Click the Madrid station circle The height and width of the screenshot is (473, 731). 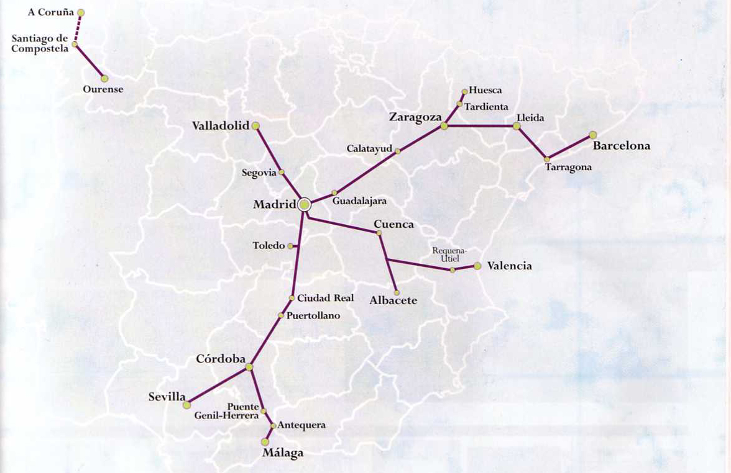[x=305, y=205]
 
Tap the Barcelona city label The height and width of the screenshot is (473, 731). [x=621, y=146]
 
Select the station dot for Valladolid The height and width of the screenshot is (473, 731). [x=255, y=125]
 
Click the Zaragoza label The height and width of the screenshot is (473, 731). [x=415, y=117]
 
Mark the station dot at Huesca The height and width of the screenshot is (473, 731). [x=464, y=91]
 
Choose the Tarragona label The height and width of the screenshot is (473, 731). [x=568, y=168]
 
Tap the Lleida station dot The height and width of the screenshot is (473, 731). [x=517, y=126]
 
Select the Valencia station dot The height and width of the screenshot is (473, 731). [x=477, y=266]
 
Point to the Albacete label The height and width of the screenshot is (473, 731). [x=393, y=300]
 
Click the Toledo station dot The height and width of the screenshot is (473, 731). [x=290, y=246]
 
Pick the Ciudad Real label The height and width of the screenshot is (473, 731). [x=325, y=298]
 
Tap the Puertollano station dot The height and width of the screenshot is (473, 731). [x=281, y=315]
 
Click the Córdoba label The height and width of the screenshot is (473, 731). [x=221, y=359]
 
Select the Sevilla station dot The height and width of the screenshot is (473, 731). [x=186, y=405]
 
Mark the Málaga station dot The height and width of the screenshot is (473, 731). [x=265, y=442]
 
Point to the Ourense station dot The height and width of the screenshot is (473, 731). [x=104, y=78]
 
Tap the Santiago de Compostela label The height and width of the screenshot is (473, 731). [x=39, y=43]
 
